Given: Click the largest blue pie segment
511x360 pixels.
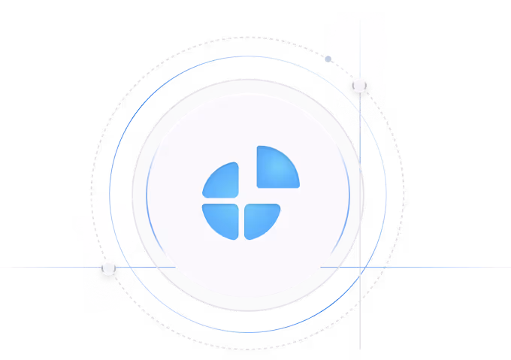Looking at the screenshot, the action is (x=276, y=168).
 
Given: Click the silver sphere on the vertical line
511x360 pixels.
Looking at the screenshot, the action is (x=360, y=84).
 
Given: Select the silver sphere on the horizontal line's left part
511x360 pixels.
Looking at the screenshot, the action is (x=109, y=267).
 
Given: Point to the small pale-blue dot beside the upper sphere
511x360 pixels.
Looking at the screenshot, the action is (x=328, y=59).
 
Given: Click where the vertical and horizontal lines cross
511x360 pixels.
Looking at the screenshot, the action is (x=360, y=267).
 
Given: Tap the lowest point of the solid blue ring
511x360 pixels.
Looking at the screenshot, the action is (x=248, y=332).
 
